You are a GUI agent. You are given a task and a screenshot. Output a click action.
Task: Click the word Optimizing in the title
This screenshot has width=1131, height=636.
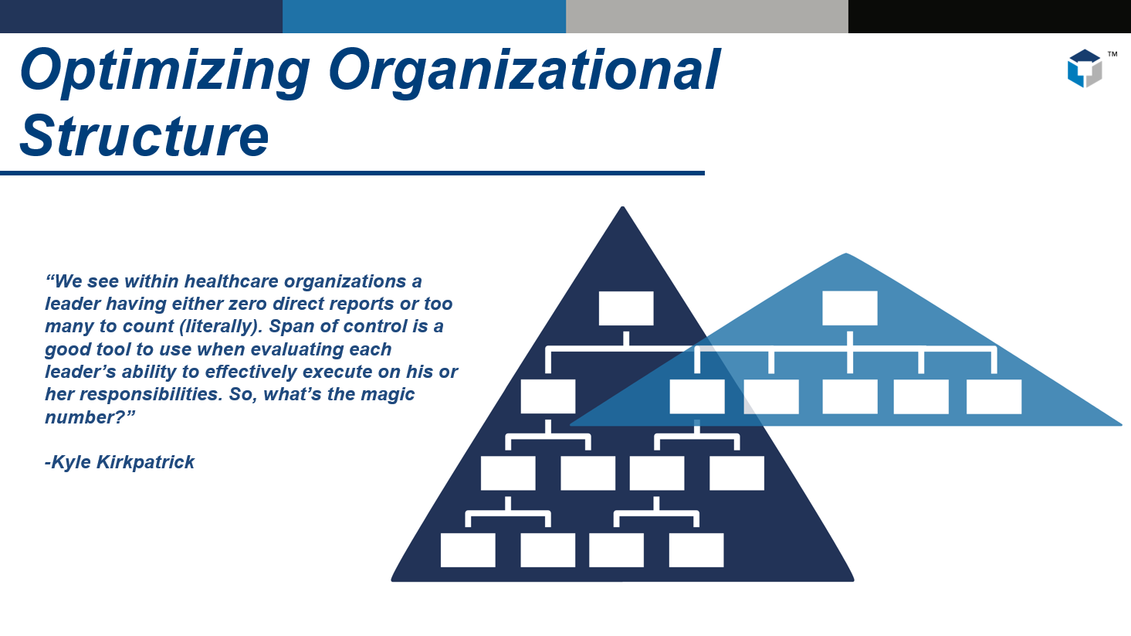click(x=165, y=71)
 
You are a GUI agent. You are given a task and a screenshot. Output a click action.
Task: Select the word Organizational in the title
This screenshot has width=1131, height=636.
click(x=524, y=71)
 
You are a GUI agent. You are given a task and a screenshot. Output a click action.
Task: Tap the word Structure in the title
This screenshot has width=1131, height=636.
click(x=144, y=136)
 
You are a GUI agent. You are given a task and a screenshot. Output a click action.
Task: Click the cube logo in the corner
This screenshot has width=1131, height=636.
click(x=1084, y=69)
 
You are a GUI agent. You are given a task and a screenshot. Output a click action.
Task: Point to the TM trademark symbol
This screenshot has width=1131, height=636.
click(x=1112, y=54)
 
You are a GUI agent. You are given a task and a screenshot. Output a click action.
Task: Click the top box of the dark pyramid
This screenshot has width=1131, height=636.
click(x=626, y=308)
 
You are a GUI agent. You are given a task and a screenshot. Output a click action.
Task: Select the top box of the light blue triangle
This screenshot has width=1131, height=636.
click(x=849, y=308)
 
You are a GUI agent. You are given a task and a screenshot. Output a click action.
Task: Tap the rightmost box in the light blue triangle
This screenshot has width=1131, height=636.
click(x=994, y=396)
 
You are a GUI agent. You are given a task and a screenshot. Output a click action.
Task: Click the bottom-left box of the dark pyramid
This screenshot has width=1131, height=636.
click(x=468, y=549)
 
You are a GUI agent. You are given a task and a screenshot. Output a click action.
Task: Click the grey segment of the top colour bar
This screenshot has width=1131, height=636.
click(x=706, y=16)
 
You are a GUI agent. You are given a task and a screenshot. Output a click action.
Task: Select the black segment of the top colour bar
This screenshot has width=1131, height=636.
click(x=989, y=16)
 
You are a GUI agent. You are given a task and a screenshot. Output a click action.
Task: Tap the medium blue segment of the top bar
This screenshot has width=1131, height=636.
click(x=424, y=16)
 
